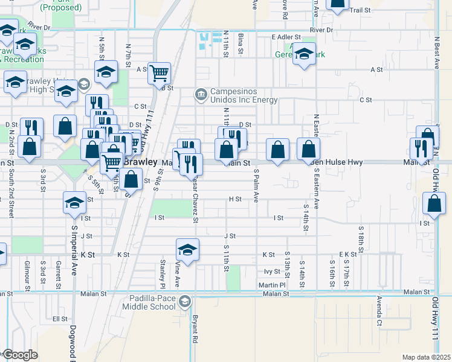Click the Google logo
(x=20, y=355)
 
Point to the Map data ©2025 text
(x=426, y=357)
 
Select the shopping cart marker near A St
(x=159, y=74)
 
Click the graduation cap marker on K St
(x=188, y=250)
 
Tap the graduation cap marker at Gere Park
(x=304, y=54)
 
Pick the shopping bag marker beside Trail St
(x=337, y=4)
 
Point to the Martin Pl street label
(x=272, y=285)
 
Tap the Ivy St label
(x=273, y=271)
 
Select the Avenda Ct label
(x=379, y=311)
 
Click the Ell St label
(x=60, y=319)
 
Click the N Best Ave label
(x=436, y=54)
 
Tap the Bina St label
(x=241, y=42)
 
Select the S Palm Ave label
(x=256, y=185)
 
